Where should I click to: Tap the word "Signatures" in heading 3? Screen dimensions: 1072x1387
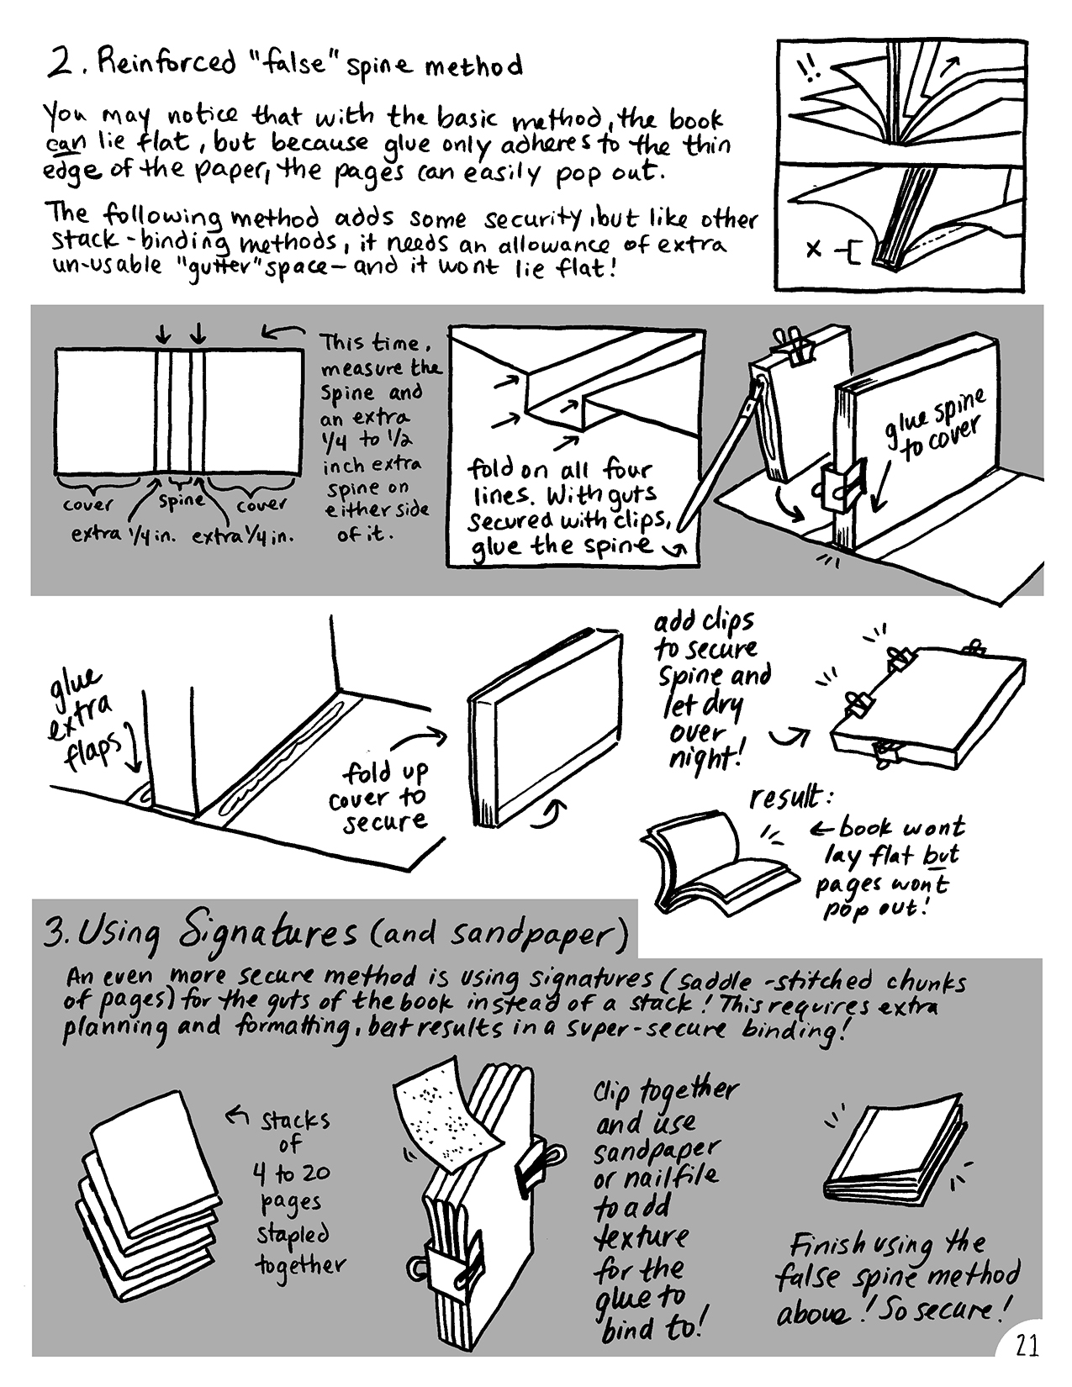[x=267, y=933]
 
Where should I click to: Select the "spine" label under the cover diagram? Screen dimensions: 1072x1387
[x=182, y=500]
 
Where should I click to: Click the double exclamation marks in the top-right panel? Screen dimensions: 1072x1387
[x=808, y=71]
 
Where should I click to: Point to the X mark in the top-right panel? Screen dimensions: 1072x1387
[x=813, y=248]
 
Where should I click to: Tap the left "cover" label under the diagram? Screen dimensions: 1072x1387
[x=88, y=505]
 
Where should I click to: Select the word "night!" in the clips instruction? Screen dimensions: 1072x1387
[x=705, y=760]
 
